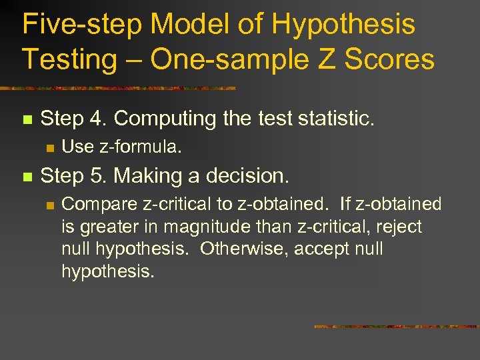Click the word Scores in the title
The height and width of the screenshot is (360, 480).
[391, 59]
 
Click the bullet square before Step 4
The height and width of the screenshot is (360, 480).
[27, 121]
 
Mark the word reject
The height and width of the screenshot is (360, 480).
[399, 227]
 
